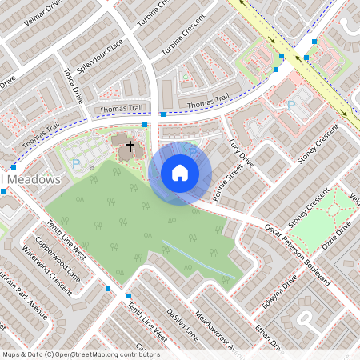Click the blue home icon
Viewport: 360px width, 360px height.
[x=180, y=172]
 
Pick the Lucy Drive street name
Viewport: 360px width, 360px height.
[x=240, y=151]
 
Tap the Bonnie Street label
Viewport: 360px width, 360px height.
[x=228, y=182]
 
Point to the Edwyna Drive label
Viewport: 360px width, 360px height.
[x=282, y=292]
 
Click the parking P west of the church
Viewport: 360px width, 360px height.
[x=76, y=163]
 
